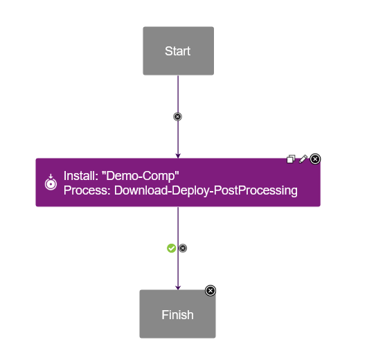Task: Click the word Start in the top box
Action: [x=177, y=51]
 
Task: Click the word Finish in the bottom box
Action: [x=177, y=315]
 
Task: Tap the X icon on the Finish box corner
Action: [x=211, y=291]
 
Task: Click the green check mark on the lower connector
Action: [x=172, y=248]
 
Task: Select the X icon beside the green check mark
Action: [x=183, y=248]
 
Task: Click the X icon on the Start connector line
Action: [x=178, y=116]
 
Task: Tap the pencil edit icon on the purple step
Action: [x=303, y=159]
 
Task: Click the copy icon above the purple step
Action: [x=292, y=159]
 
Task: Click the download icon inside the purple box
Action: [x=50, y=183]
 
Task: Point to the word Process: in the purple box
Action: [x=87, y=190]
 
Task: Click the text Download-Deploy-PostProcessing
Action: [x=206, y=190]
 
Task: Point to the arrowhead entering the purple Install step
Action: [x=178, y=155]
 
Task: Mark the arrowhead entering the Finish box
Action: [x=178, y=287]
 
